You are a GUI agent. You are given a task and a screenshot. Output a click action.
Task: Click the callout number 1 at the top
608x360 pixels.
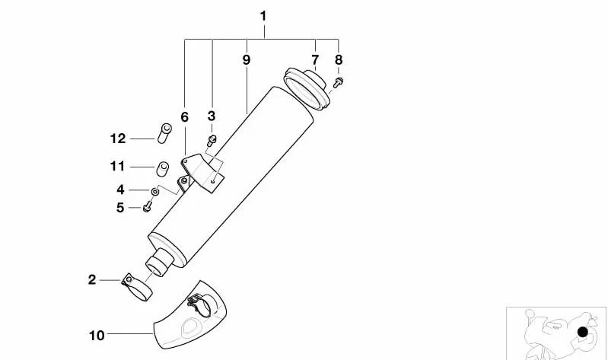[263, 16]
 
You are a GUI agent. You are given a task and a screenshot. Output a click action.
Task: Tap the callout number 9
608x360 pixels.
[247, 59]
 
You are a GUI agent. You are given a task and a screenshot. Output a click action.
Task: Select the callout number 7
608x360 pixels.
[315, 59]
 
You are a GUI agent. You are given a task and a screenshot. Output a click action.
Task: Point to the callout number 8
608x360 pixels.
[339, 59]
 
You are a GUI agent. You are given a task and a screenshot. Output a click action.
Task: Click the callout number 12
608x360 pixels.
[118, 139]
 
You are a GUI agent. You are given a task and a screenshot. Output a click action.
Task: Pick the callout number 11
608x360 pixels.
[117, 167]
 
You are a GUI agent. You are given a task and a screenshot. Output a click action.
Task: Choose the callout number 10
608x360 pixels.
[97, 335]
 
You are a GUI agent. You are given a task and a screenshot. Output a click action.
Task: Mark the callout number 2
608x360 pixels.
[92, 279]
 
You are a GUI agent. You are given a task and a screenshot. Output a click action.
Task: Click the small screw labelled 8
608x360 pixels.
[338, 82]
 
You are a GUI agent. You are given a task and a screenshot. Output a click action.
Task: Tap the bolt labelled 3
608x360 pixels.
[212, 140]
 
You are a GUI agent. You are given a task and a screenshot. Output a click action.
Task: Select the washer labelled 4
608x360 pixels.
[154, 190]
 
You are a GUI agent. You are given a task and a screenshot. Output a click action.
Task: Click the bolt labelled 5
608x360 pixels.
[147, 208]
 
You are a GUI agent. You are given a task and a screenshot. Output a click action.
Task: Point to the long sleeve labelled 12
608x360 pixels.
[165, 133]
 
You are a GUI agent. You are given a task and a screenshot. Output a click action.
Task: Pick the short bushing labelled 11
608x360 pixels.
[163, 168]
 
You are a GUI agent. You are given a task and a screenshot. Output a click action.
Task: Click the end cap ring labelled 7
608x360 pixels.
[307, 89]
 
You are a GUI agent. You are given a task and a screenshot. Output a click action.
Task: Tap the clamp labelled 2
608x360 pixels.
[136, 288]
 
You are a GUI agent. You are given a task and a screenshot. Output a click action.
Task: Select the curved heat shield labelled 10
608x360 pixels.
[190, 316]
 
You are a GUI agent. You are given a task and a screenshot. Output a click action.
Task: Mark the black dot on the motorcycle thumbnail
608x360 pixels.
[583, 332]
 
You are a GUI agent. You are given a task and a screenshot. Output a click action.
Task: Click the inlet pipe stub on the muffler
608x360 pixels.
[159, 263]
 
